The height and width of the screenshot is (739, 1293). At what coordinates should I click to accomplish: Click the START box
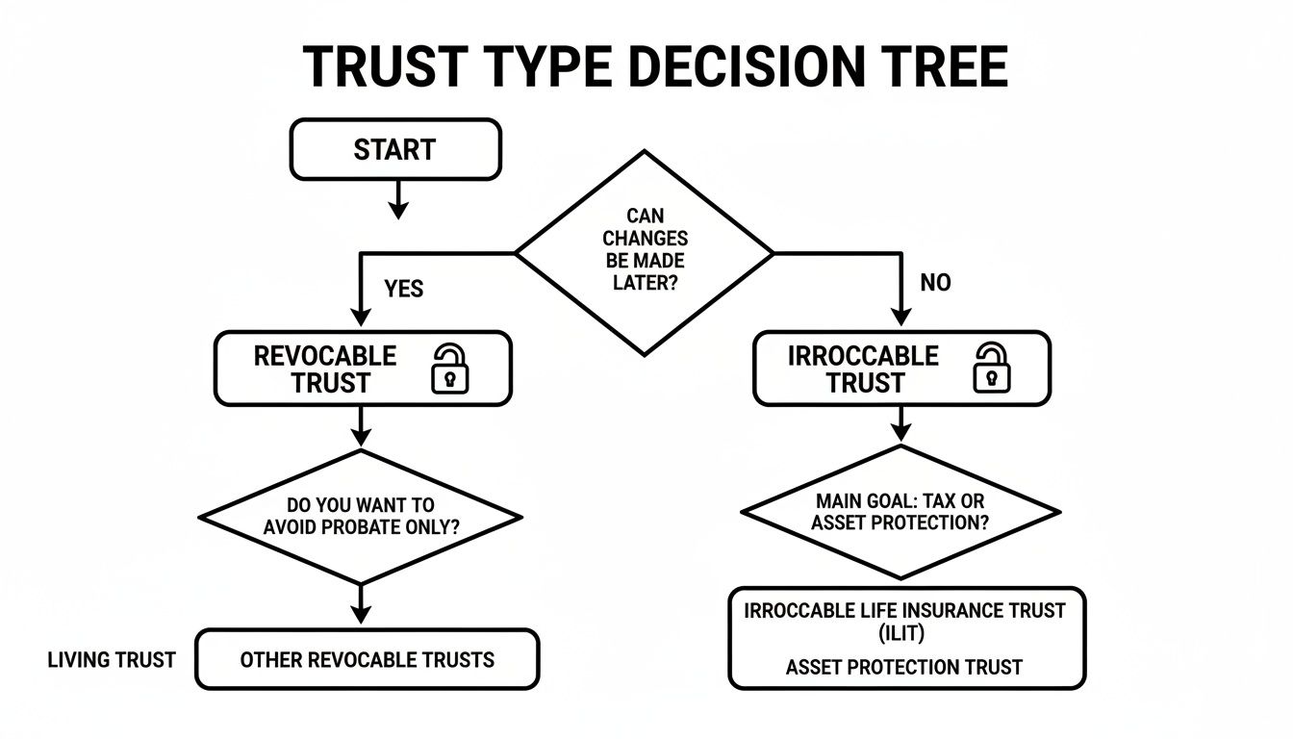[x=395, y=149]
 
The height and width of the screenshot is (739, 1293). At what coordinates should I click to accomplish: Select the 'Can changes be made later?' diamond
[x=645, y=252]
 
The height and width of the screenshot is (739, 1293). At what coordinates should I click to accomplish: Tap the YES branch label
[x=403, y=289]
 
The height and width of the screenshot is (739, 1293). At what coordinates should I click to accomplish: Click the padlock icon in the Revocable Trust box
[x=449, y=369]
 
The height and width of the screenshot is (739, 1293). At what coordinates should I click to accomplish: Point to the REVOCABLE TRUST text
[x=325, y=369]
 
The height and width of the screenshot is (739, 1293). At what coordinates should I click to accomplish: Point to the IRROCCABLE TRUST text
[x=863, y=369]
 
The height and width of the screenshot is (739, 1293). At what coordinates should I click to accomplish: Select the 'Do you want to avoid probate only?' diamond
[x=360, y=517]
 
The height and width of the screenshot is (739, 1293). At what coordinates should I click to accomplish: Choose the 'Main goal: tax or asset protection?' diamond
[x=900, y=512]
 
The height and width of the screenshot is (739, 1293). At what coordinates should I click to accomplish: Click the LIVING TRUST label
[x=112, y=660]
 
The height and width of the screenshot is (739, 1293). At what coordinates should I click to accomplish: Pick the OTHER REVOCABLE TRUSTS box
[x=367, y=660]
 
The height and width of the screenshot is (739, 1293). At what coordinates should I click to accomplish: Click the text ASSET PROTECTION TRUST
[x=903, y=667]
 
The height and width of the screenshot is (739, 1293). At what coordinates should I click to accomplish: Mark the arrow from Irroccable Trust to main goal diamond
[x=900, y=423]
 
